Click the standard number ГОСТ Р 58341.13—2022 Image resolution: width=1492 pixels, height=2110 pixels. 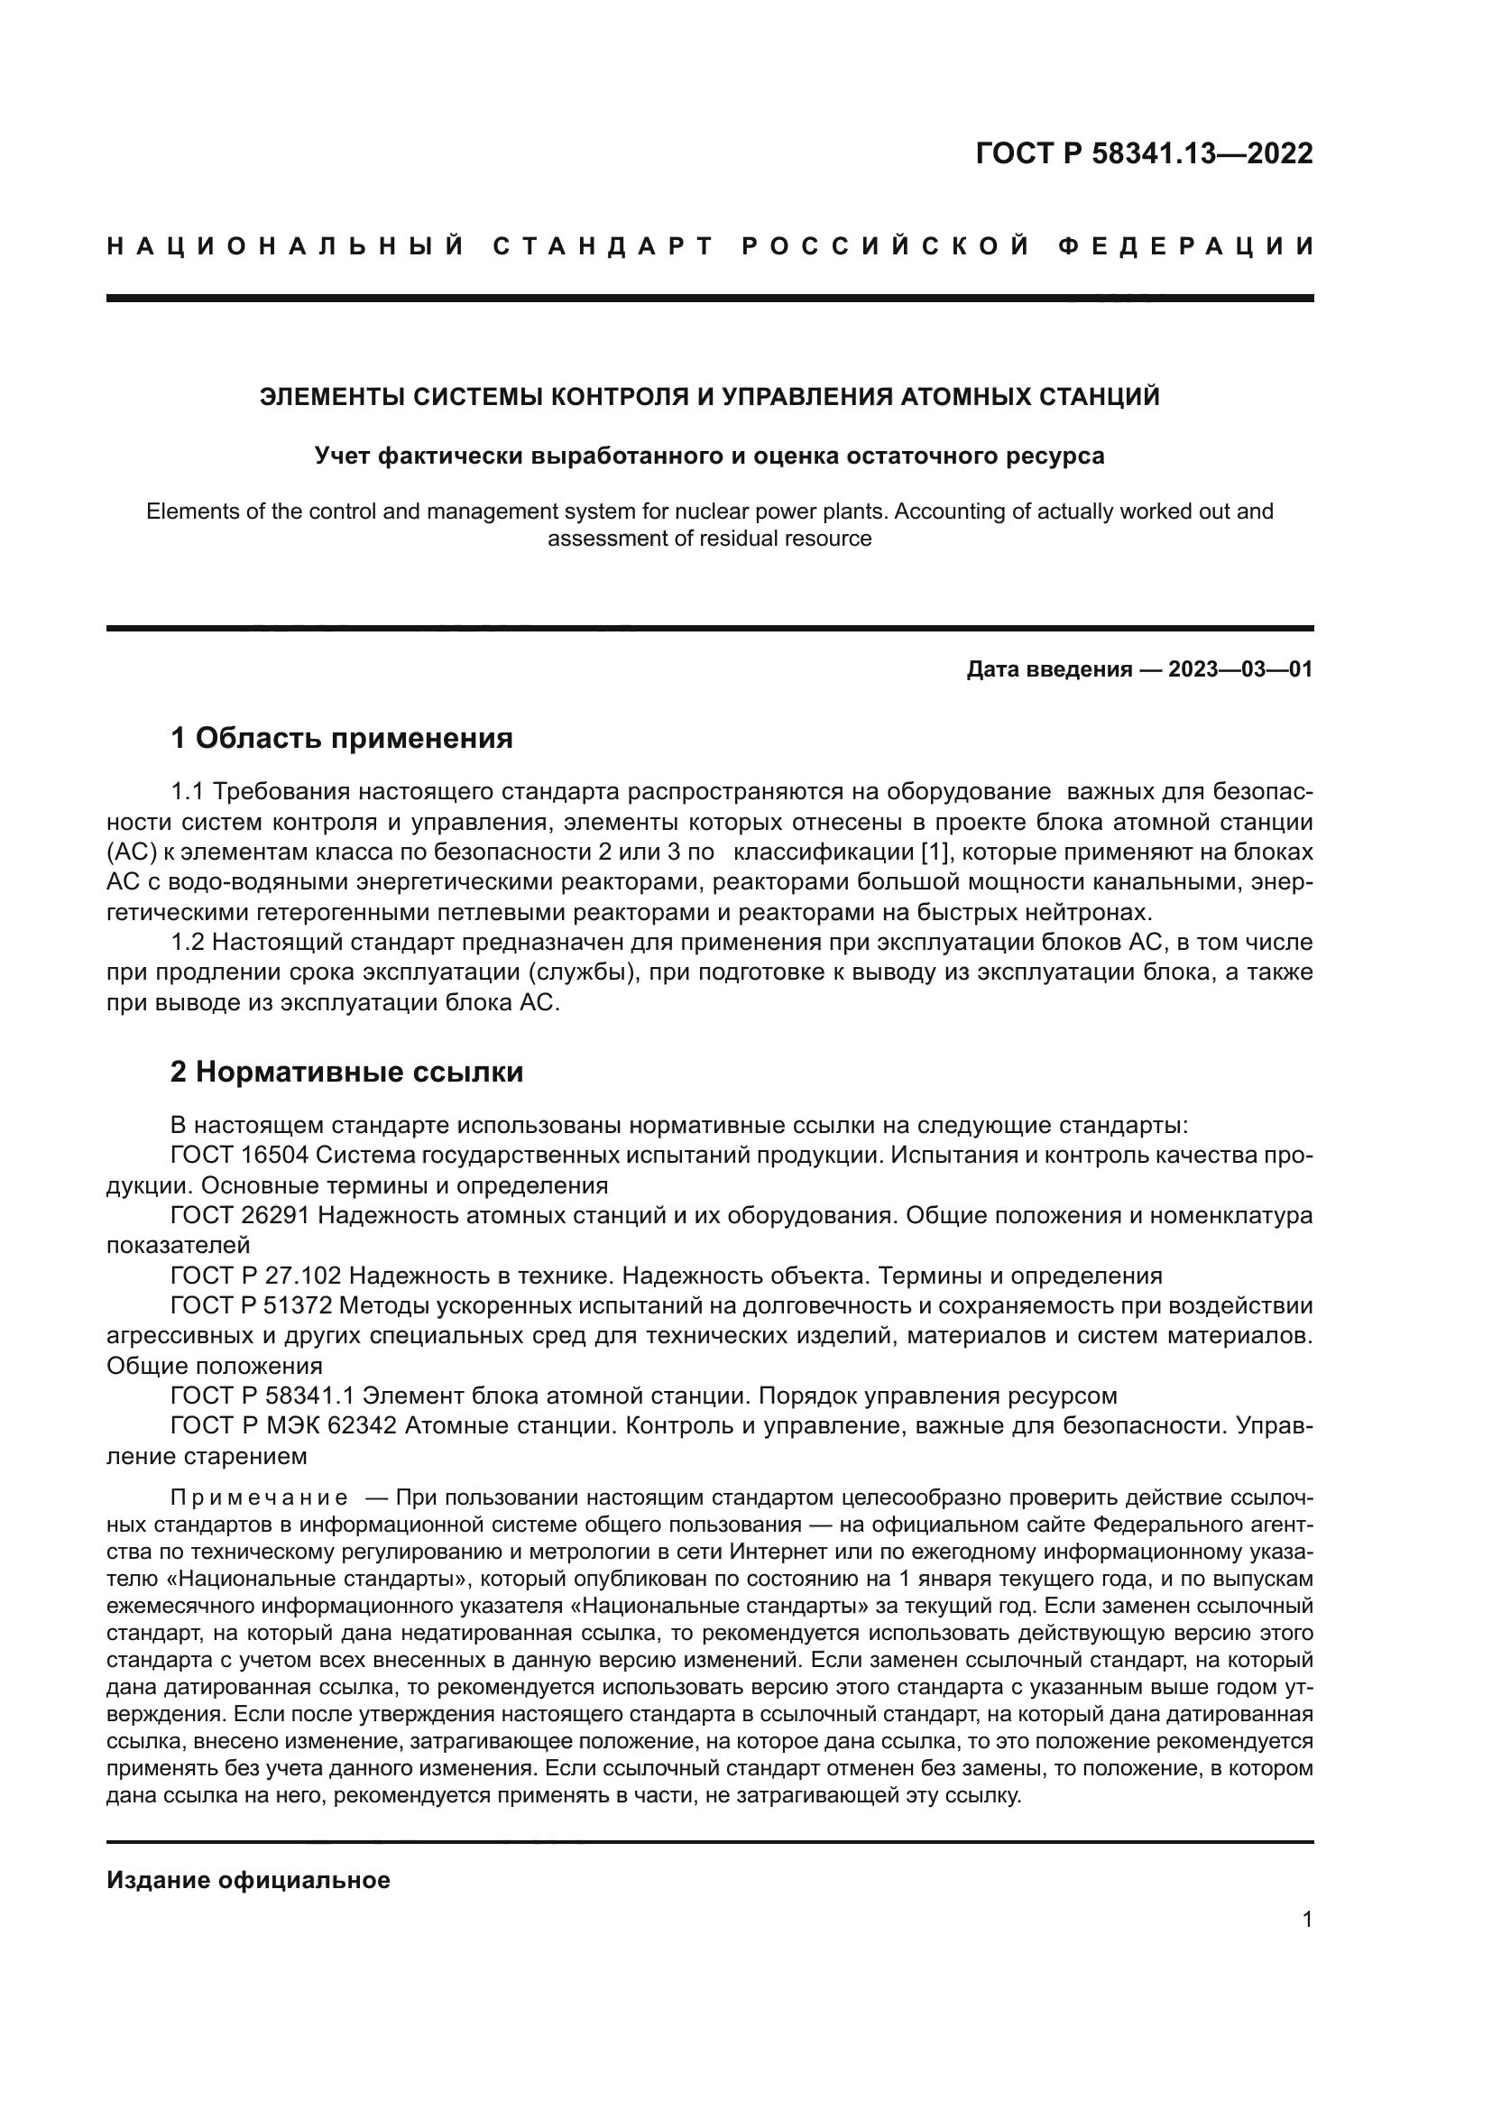coord(1144,154)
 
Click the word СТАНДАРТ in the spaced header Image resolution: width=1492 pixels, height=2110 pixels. coord(603,246)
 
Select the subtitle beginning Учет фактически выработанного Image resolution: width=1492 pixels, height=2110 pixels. coord(709,456)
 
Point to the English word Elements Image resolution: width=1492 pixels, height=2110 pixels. coord(191,511)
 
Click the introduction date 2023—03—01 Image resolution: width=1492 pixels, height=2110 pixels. coord(1240,669)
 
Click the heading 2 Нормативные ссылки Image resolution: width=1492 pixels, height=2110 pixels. coord(346,1072)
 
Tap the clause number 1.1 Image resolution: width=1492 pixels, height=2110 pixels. coord(189,791)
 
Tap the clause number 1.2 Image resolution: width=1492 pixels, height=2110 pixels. coord(189,942)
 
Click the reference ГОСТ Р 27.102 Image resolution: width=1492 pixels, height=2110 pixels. coord(255,1276)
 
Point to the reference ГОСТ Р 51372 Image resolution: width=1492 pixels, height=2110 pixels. coord(255,1306)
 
